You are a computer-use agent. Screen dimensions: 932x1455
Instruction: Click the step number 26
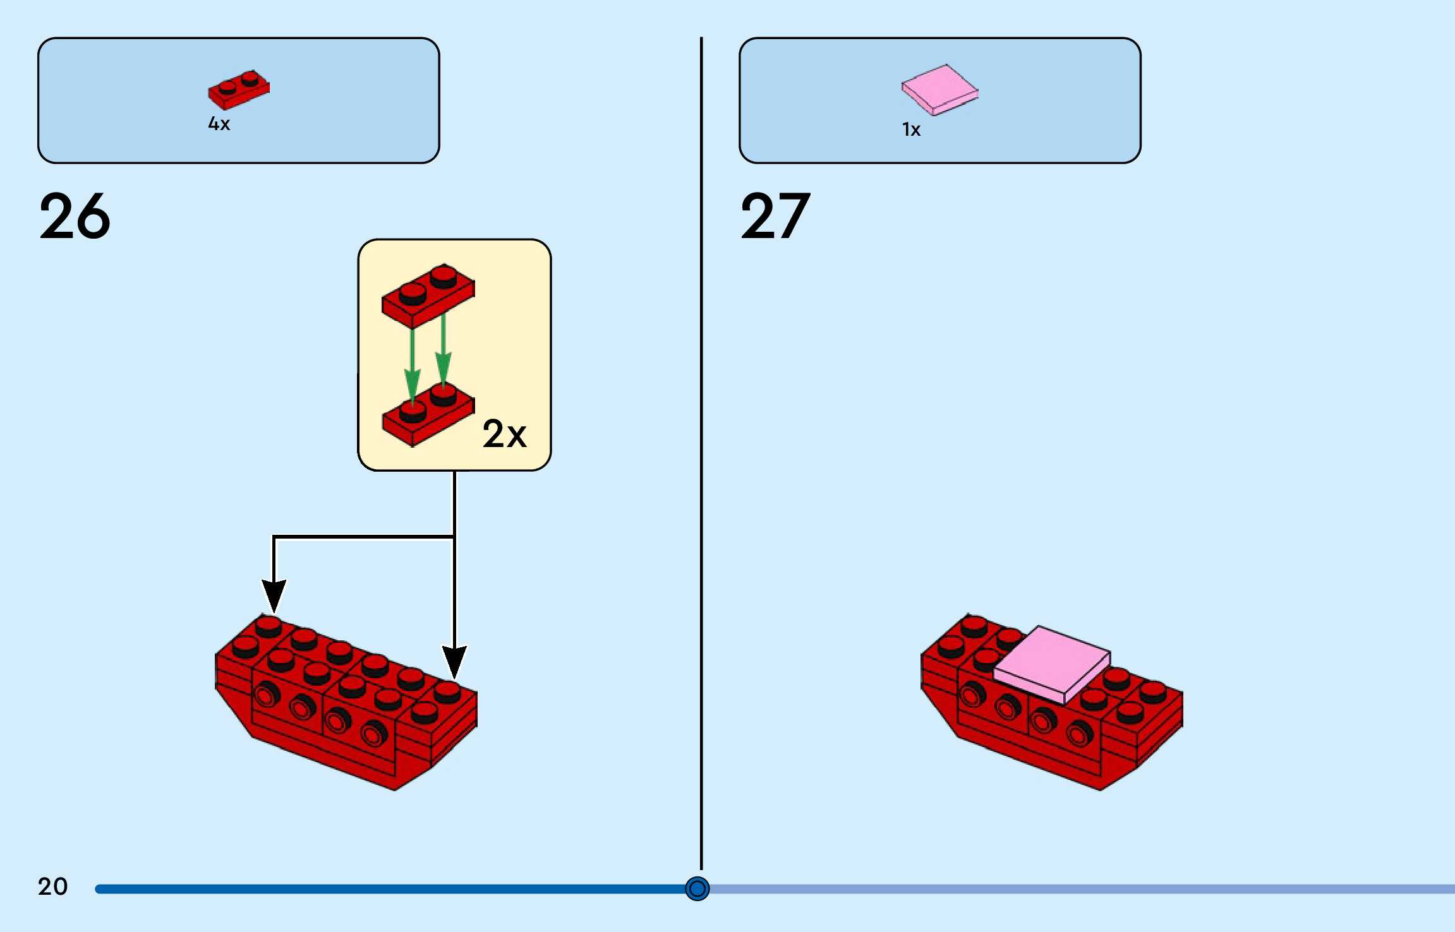coord(75,216)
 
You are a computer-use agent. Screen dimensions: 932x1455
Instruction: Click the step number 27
coord(775,216)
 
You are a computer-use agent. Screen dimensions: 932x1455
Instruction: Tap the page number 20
coord(52,887)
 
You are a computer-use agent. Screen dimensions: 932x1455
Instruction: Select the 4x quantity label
coord(219,124)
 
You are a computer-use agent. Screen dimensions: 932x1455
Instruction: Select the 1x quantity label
coord(911,130)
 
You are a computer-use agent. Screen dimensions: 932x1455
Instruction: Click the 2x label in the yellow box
coord(504,434)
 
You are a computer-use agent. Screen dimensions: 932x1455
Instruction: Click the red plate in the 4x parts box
coord(239,90)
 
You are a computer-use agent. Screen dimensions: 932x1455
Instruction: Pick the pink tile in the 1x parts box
coord(939,90)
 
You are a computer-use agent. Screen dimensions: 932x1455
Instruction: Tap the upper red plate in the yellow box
coord(428,295)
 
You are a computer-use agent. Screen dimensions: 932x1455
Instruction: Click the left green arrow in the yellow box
coord(413,366)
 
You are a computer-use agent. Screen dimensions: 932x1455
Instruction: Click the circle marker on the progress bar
coord(697,888)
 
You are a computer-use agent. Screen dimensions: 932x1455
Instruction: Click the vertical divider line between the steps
coord(701,442)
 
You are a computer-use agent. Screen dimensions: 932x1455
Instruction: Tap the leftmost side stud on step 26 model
coord(266,695)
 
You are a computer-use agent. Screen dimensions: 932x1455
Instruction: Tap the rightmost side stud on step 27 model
coord(1078,733)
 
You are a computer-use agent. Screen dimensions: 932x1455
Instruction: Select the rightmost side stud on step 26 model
coord(374,733)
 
